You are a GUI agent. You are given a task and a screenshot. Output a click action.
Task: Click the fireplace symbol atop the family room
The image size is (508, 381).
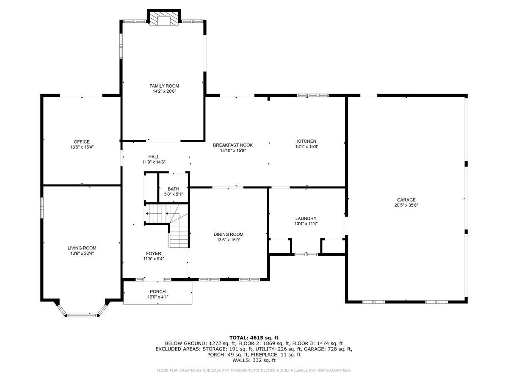coord(164,18)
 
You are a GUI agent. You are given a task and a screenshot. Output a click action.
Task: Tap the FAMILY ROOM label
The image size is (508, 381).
coord(164,86)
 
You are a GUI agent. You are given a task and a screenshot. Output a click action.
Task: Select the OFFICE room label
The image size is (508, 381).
coord(82,142)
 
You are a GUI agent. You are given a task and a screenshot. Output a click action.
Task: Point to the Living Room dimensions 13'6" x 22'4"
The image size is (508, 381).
coord(82,254)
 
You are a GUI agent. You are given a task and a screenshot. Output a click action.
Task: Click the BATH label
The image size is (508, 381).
coord(173,189)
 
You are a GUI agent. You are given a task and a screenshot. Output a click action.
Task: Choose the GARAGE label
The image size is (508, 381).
coord(406,200)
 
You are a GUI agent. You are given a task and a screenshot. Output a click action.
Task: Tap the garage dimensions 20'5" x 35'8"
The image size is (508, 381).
coord(406,205)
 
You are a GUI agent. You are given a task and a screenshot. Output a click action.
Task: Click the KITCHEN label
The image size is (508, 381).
coord(306,141)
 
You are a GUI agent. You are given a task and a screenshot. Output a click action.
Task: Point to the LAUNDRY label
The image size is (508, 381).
coord(306,218)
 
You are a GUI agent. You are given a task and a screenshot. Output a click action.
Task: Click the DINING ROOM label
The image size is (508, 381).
coord(228,235)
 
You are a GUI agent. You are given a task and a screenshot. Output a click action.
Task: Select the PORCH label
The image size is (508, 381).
coord(157,292)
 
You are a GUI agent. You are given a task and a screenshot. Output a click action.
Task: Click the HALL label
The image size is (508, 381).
coord(154,157)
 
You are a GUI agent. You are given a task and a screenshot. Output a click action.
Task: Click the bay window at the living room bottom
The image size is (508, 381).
coord(81,315)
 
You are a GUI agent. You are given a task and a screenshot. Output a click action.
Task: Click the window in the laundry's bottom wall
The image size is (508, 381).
coord(306,254)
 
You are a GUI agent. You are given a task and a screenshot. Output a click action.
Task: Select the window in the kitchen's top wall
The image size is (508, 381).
coord(312,96)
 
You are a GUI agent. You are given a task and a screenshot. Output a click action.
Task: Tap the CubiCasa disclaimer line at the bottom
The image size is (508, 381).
coord(254,370)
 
